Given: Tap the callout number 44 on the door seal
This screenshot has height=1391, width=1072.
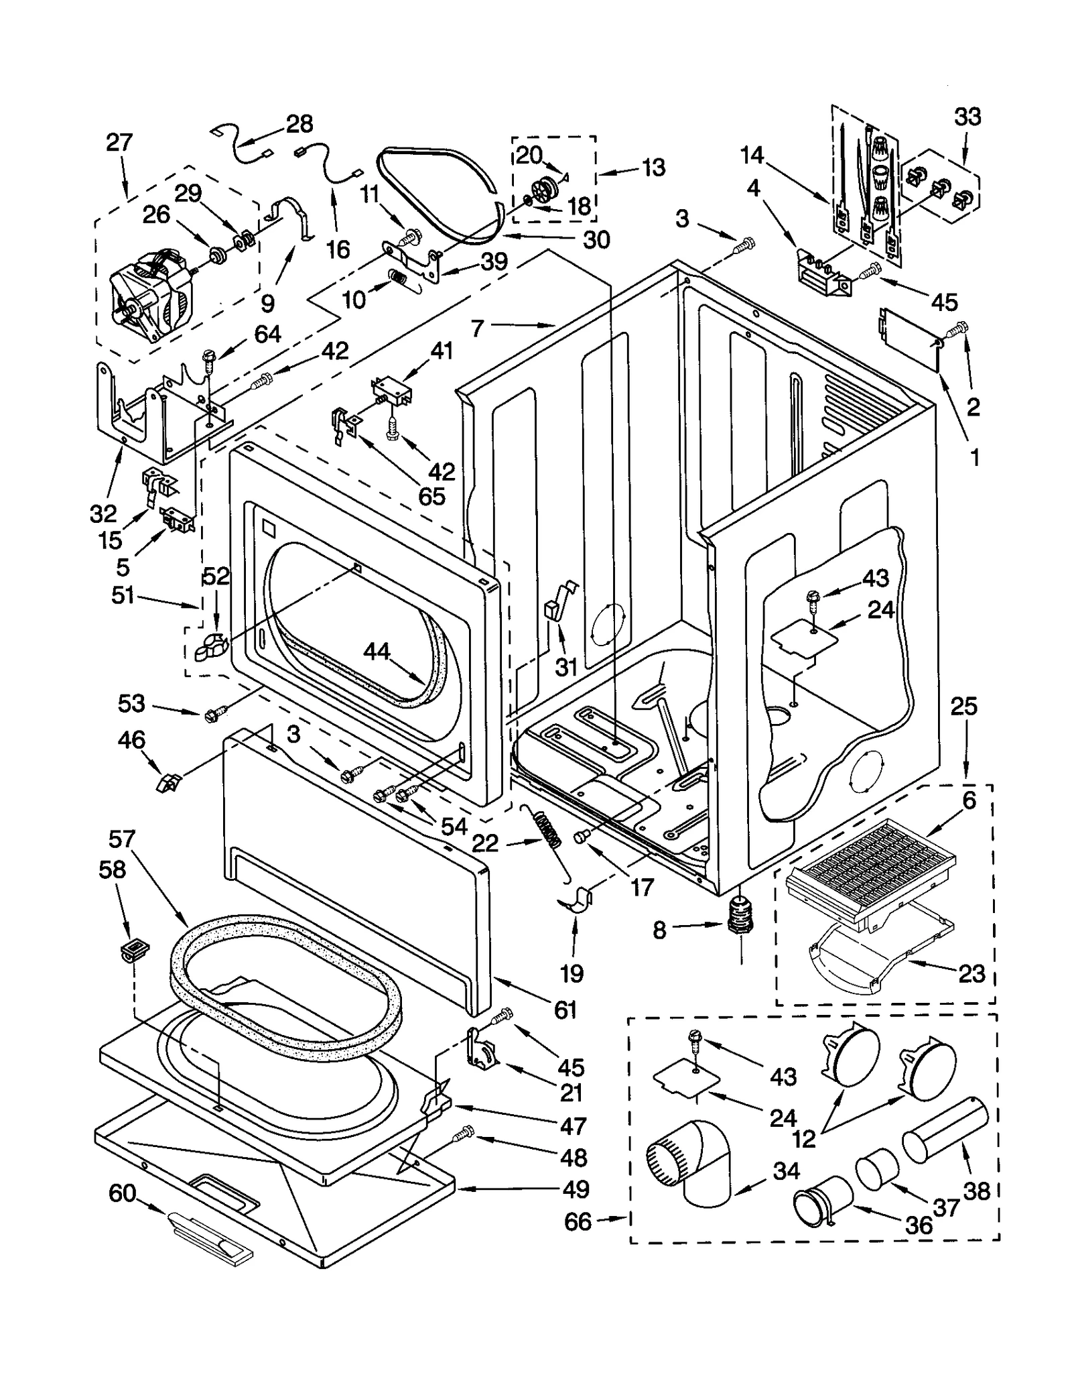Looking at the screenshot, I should pyautogui.click(x=377, y=651).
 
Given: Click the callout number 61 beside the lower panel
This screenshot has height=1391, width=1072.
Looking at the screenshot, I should pyautogui.click(x=565, y=1009).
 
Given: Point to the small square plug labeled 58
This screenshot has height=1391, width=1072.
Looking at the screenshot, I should pyautogui.click(x=135, y=949).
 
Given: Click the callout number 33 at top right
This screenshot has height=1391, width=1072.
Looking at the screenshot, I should pyautogui.click(x=967, y=117).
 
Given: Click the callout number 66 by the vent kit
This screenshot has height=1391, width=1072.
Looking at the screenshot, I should pyautogui.click(x=578, y=1221).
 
